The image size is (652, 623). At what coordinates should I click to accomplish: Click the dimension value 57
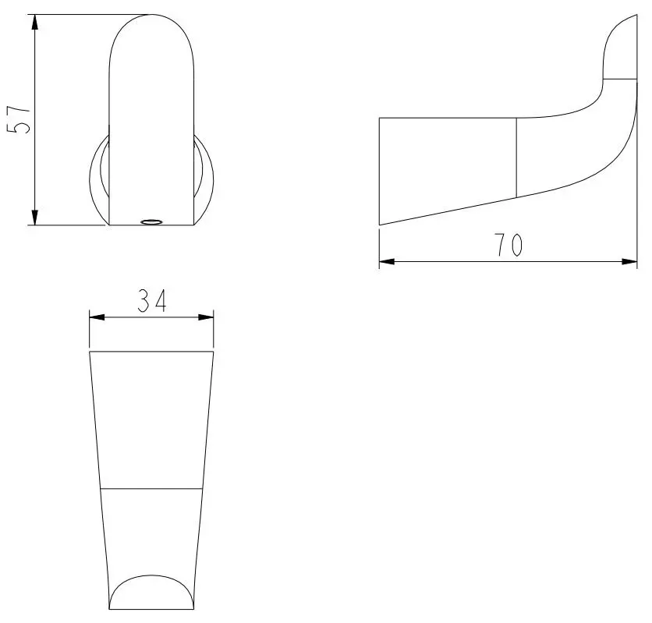[x=19, y=120]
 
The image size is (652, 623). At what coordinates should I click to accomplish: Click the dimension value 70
[x=508, y=245]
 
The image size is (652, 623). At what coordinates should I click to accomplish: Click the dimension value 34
[x=152, y=300]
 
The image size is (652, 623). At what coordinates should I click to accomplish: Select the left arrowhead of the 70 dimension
[x=387, y=261]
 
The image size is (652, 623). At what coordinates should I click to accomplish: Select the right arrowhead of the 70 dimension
[x=629, y=261]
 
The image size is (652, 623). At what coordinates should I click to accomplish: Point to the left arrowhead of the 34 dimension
[x=97, y=317]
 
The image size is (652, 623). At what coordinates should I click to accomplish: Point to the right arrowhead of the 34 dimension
[x=205, y=317]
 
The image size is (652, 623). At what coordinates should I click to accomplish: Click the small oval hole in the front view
[x=151, y=222]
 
